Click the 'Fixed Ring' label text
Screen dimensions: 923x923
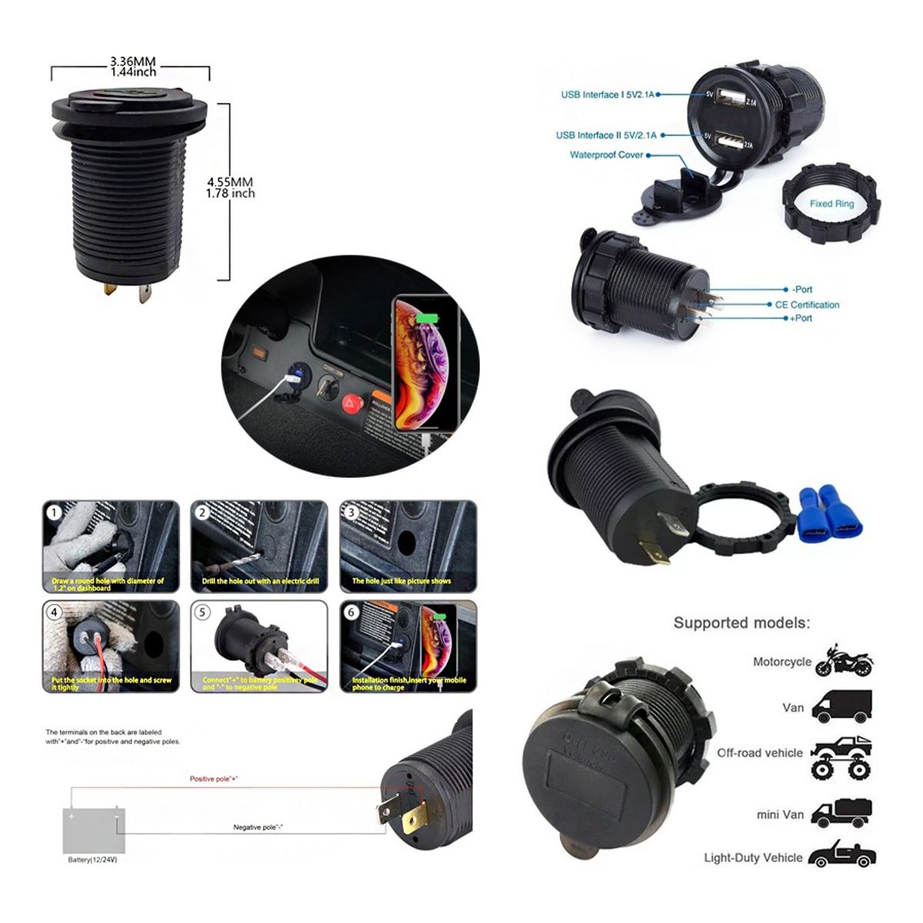pyautogui.click(x=831, y=204)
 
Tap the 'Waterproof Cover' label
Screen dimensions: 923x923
pyautogui.click(x=606, y=155)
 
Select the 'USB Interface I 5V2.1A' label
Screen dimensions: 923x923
pyautogui.click(x=608, y=95)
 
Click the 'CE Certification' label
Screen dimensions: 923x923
pyautogui.click(x=807, y=305)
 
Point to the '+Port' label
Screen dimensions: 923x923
pyautogui.click(x=801, y=318)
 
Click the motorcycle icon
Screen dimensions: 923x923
pyautogui.click(x=845, y=661)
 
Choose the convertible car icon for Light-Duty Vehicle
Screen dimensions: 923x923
pyautogui.click(x=843, y=856)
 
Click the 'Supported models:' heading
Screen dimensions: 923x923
pyautogui.click(x=741, y=622)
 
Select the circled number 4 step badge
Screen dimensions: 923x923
pyautogui.click(x=54, y=613)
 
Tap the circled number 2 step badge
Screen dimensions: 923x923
pyautogui.click(x=203, y=513)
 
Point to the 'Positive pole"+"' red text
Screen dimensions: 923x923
pyautogui.click(x=214, y=779)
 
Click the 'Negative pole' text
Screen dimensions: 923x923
pyautogui.click(x=258, y=827)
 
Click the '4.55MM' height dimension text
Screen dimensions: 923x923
pyautogui.click(x=230, y=182)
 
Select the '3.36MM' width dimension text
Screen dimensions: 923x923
pyautogui.click(x=133, y=61)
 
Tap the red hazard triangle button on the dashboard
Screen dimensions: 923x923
pyautogui.click(x=351, y=402)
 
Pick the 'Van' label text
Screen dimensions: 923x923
pyautogui.click(x=793, y=708)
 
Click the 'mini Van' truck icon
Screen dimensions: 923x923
pyautogui.click(x=844, y=812)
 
